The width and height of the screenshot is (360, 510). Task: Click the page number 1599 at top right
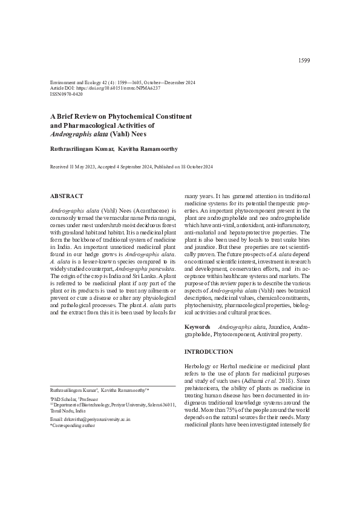[x=304, y=61]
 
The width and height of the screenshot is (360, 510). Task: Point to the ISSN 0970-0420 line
[x=67, y=94]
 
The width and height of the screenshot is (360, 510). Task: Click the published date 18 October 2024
[x=193, y=166]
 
